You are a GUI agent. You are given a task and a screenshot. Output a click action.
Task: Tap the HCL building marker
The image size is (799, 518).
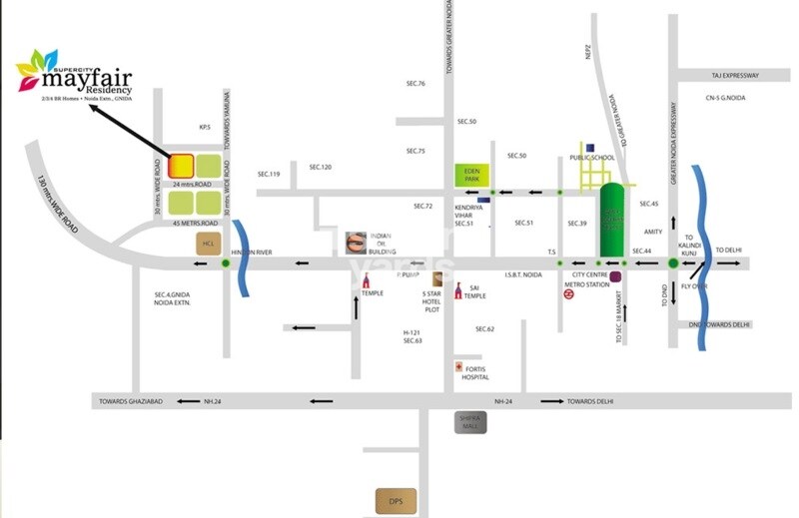pyautogui.click(x=209, y=244)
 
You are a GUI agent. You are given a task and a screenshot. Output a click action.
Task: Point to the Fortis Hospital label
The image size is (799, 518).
pyautogui.click(x=474, y=371)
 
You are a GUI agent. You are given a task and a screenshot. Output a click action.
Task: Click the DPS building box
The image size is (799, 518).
pyautogui.click(x=396, y=499)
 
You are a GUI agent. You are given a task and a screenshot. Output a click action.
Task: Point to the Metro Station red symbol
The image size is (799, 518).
pyautogui.click(x=568, y=294)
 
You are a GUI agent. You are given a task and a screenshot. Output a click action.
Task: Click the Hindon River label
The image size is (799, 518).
pyautogui.click(x=252, y=253)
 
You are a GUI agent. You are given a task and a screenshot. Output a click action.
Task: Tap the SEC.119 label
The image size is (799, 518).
pyautogui.click(x=269, y=175)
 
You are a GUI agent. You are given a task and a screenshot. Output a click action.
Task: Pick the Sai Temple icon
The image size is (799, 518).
pyautogui.click(x=458, y=290)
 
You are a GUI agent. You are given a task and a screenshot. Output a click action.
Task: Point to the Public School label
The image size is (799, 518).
pyautogui.click(x=592, y=158)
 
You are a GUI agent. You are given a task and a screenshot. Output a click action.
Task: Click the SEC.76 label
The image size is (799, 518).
pyautogui.click(x=415, y=84)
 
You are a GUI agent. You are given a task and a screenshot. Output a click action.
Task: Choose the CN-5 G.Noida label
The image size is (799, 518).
pyautogui.click(x=725, y=98)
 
